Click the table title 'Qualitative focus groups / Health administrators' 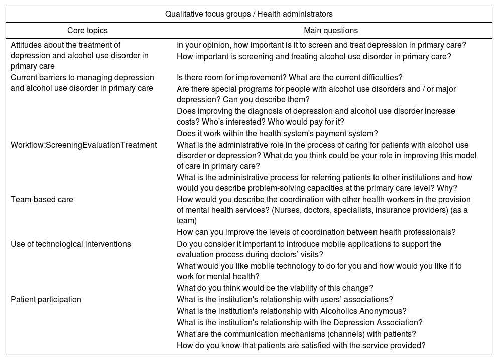248,14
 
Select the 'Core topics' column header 87,31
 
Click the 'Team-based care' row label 42,199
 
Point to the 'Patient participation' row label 46,299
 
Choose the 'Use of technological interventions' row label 71,244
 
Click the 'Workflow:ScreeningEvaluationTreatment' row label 83,145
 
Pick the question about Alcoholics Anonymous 291,311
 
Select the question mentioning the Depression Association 299,322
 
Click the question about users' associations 285,299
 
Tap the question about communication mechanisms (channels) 296,334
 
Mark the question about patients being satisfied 301,345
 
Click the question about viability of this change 275,288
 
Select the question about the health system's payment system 277,133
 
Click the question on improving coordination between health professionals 316,232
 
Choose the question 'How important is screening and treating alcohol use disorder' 314,56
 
